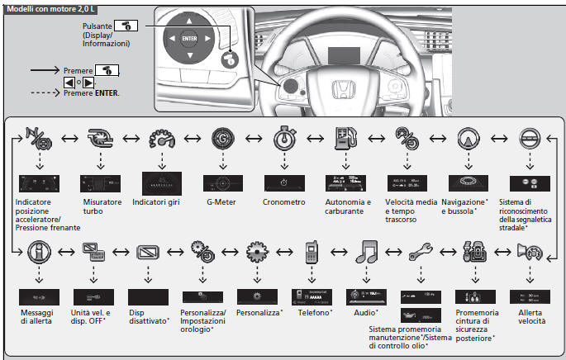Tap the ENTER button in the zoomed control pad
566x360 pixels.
tap(189, 38)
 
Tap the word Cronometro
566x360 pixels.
tap(284, 201)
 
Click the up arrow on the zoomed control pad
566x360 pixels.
tap(189, 18)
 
